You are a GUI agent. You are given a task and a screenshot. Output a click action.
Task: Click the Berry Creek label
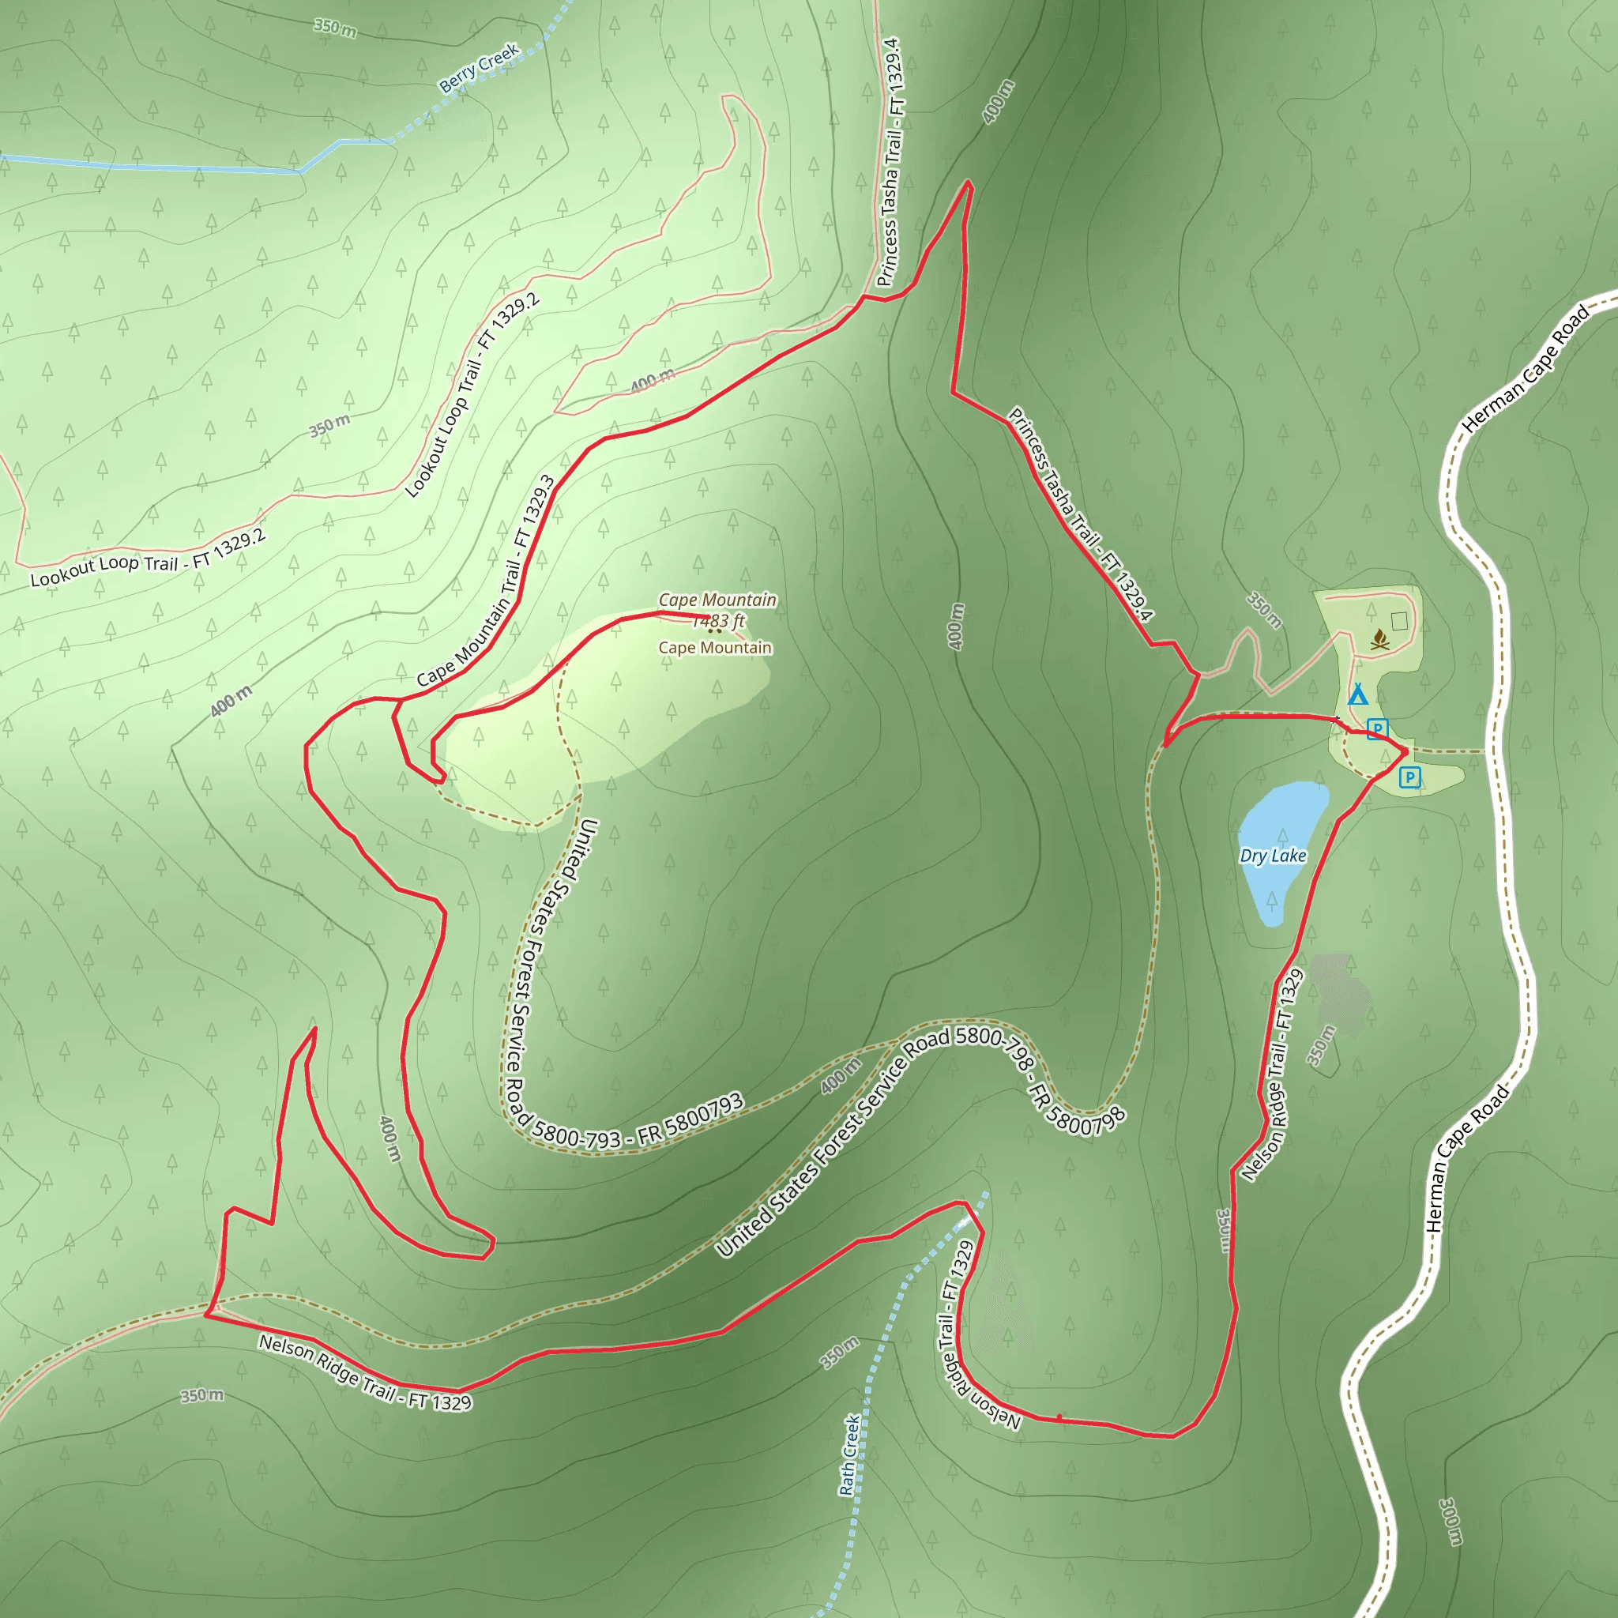(479, 67)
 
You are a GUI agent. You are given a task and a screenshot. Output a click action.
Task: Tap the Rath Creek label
(849, 1454)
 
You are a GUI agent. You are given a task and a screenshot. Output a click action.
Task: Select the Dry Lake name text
(1272, 856)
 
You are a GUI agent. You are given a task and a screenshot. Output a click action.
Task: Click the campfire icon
(1380, 641)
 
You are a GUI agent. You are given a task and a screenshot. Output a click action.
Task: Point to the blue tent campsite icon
(1357, 694)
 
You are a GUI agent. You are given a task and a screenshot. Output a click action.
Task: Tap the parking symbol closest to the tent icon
(1377, 728)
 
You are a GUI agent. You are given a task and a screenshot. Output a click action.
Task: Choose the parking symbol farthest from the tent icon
(1409, 777)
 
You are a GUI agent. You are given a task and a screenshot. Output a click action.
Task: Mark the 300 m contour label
(1451, 1521)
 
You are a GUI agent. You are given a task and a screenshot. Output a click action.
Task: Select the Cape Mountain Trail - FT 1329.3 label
(487, 582)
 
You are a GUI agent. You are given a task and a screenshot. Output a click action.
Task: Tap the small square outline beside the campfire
(1399, 620)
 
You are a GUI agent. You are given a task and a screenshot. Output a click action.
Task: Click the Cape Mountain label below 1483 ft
(714, 647)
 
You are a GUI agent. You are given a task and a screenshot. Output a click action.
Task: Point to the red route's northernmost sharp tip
(968, 182)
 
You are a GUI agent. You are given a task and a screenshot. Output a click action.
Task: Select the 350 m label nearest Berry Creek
(335, 28)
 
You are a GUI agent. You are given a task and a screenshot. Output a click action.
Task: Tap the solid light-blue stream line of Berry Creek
(167, 167)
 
